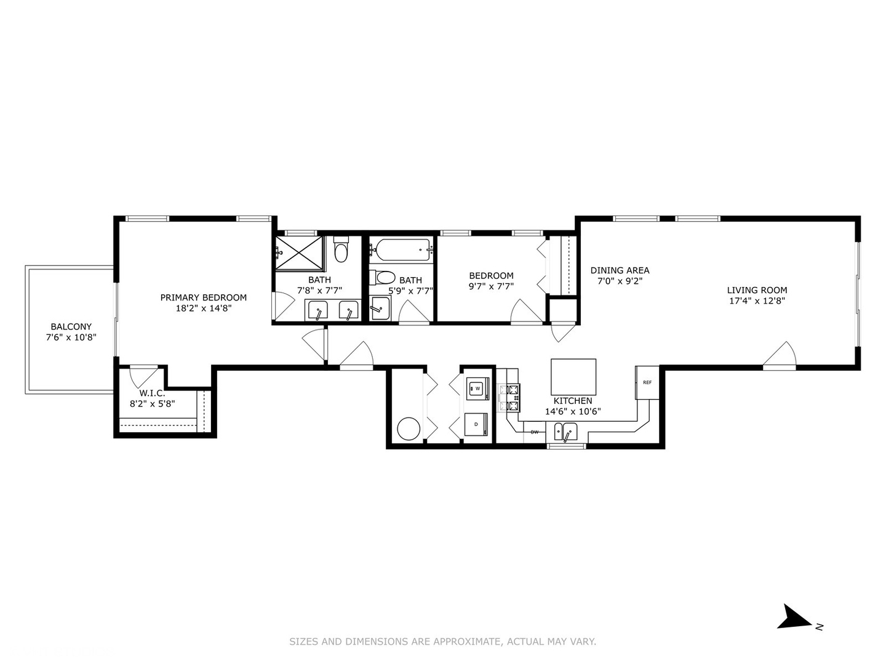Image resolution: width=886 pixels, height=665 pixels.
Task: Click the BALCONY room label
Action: pos(71,326)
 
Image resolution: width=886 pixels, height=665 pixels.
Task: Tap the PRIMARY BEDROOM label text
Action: pos(203,297)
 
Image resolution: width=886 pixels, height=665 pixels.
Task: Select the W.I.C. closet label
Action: pos(152,393)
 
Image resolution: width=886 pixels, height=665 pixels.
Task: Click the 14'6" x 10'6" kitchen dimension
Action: pos(572,412)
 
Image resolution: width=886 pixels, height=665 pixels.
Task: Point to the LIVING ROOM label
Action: pos(757,290)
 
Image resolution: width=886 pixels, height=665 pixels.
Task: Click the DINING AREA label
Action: pos(620,270)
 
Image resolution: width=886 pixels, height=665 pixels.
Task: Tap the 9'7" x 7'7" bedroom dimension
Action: pos(491,286)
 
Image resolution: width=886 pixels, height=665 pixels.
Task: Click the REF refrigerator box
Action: pos(647,382)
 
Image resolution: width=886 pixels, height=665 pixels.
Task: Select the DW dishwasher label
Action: pos(535,432)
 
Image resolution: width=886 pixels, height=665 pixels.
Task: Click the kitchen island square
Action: pos(573,377)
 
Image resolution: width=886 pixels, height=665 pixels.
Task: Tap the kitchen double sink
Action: pos(565,432)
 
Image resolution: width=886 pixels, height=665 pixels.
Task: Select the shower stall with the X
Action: pos(298,252)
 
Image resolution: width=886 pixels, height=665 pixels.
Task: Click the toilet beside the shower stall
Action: pos(341,250)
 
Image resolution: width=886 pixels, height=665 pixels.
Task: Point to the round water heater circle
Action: pos(409,429)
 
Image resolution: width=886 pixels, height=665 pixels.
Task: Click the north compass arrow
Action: pos(795,617)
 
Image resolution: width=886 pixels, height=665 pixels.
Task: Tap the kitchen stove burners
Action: pos(513,398)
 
